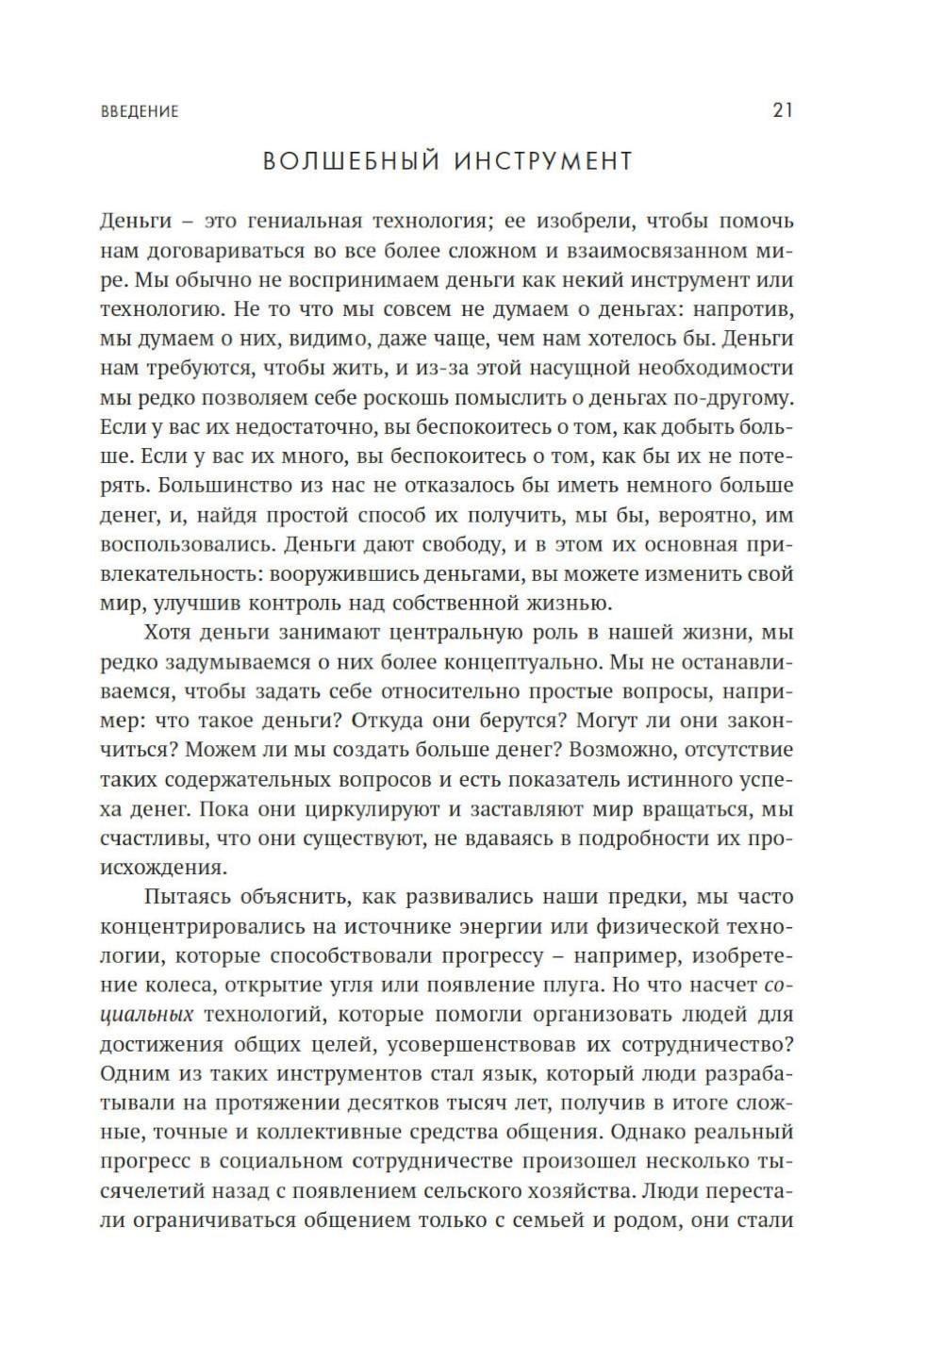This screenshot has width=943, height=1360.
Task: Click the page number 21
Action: pos(783,110)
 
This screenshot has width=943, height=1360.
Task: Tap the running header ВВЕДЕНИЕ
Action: pos(139,111)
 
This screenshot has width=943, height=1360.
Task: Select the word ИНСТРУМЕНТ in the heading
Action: pos(543,161)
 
